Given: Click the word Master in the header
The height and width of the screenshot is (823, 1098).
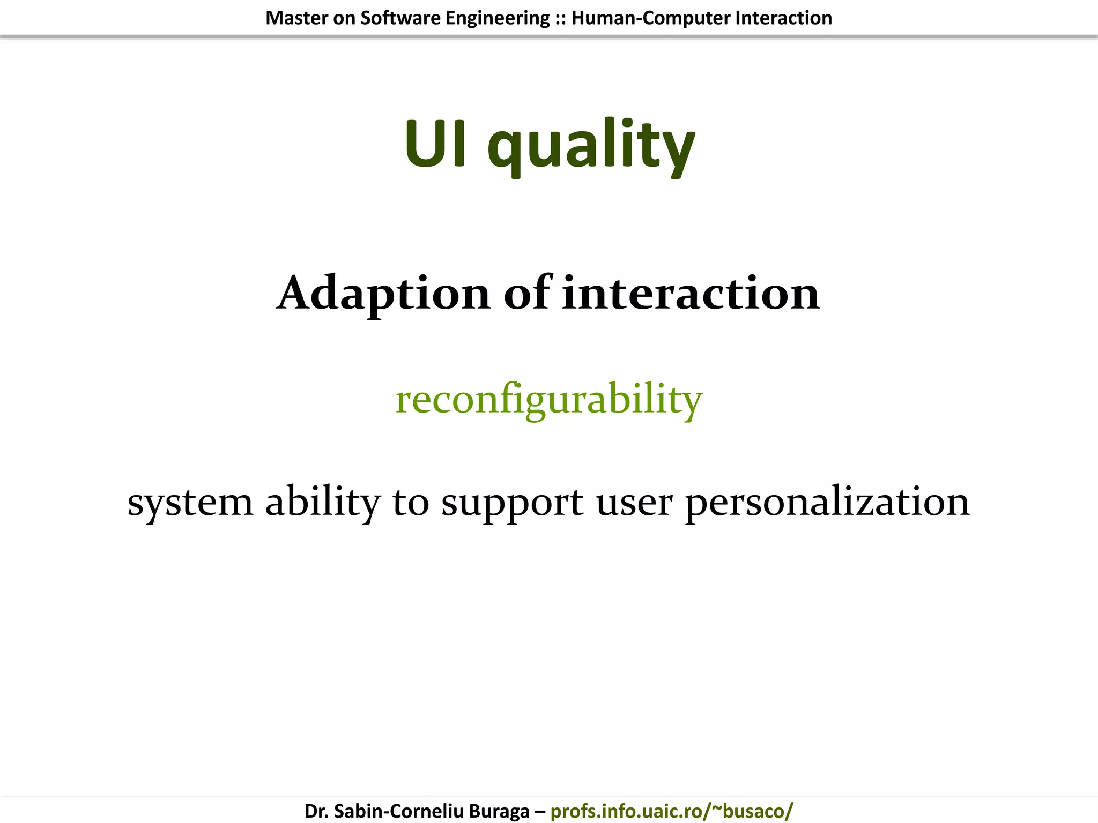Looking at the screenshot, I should [296, 18].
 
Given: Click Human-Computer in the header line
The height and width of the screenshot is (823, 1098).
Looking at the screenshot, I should [650, 18].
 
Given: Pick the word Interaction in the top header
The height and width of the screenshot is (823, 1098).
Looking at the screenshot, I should [783, 18].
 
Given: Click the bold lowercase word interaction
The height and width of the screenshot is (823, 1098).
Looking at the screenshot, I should [691, 294].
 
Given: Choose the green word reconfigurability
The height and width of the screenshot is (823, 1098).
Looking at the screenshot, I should [548, 400].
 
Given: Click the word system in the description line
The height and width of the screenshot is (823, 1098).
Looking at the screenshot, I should [190, 503].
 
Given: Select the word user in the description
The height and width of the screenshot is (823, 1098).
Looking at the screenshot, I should [634, 503].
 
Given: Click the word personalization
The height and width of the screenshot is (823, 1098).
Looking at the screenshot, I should [827, 503].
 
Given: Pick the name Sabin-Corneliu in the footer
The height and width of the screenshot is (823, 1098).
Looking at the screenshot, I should [398, 811].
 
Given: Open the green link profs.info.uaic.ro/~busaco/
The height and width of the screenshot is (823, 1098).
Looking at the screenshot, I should [671, 811].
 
